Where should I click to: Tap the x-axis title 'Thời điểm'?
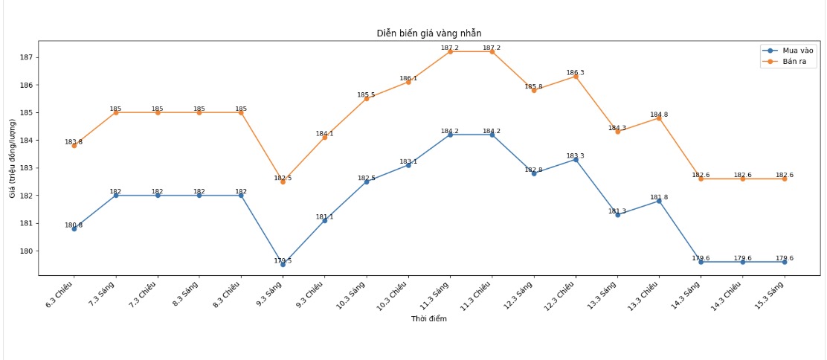[x=429, y=319]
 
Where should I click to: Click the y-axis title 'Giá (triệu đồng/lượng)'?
[x=13, y=158]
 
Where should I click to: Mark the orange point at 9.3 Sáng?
[x=283, y=181]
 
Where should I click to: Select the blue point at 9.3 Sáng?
[x=283, y=264]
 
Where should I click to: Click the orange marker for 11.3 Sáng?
[x=450, y=51]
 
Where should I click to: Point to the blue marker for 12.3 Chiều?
[x=576, y=159]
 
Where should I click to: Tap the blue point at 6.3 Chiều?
[x=74, y=228]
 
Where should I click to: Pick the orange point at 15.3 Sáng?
[x=785, y=179]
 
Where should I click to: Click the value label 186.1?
[x=408, y=78]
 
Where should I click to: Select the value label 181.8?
[x=659, y=197]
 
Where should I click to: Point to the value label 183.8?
[x=74, y=141]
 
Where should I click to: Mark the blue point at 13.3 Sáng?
[x=617, y=215]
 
